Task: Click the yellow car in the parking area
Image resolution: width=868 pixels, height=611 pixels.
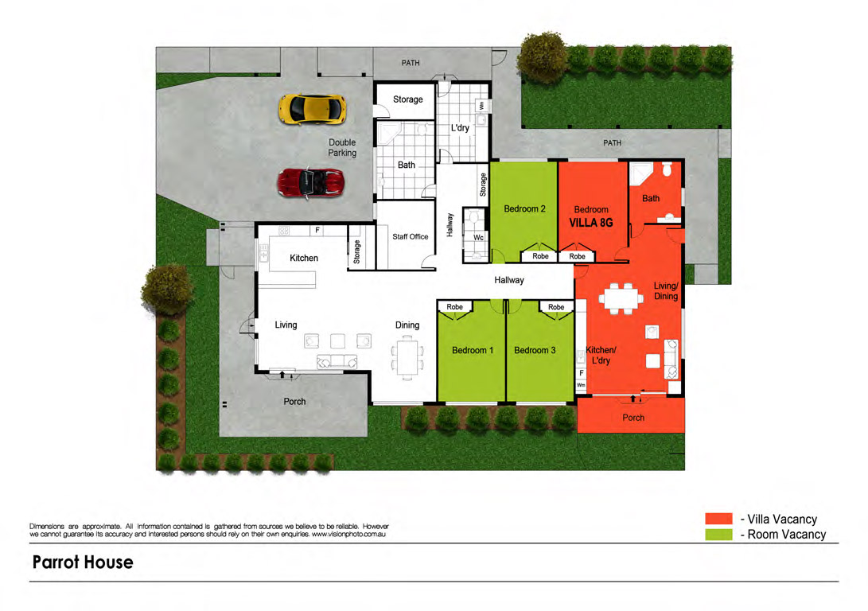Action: point(312,109)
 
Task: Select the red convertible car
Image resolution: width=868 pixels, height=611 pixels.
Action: point(310,183)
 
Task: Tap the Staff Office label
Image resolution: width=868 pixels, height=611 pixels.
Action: point(411,236)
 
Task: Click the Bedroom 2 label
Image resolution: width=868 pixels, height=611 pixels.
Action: point(524,208)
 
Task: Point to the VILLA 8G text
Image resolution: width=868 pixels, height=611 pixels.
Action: point(591,223)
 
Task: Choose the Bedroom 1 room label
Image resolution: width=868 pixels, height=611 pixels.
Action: point(473,350)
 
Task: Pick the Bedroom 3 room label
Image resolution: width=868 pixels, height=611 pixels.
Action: point(534,350)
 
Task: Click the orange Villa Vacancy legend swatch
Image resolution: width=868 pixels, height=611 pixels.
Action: point(718,519)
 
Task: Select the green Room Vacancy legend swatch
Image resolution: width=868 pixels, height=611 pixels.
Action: point(718,534)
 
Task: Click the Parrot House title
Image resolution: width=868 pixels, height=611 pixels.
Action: point(83,562)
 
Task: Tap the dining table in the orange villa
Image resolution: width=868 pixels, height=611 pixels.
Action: point(621,299)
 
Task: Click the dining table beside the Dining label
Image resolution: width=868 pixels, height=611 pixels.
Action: point(407,359)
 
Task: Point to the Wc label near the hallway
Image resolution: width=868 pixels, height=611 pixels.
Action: point(478,237)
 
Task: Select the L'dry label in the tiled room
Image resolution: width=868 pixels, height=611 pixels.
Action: point(460,128)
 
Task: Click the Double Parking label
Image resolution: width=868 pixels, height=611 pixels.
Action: point(342,148)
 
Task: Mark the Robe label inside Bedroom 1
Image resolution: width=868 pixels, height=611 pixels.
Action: point(454,306)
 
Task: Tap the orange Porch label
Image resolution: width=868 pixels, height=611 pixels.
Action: point(633,418)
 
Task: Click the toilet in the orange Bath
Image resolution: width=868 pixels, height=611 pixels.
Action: point(667,169)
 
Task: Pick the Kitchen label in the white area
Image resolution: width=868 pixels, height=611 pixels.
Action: point(304,258)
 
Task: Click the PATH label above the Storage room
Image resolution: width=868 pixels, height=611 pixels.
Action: point(411,63)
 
